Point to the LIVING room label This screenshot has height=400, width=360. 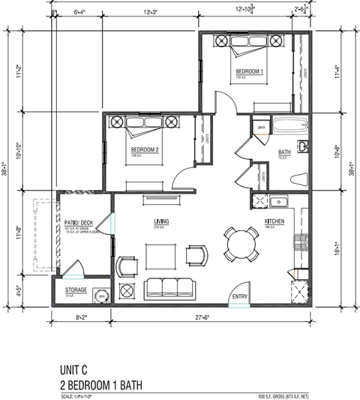161,221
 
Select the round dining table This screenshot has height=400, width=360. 241,243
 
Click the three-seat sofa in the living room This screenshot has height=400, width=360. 169,288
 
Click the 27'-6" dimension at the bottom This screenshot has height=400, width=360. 208,319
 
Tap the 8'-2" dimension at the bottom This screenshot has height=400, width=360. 82,319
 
